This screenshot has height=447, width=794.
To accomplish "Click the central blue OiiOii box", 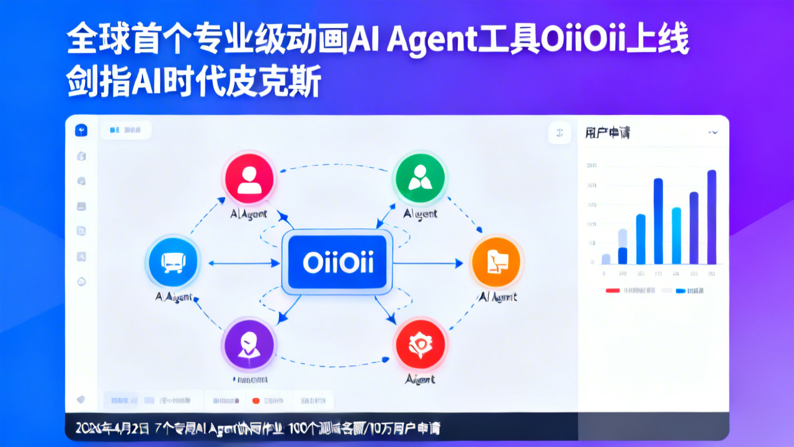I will [337, 262].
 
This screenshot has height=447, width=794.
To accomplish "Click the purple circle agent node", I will [249, 344].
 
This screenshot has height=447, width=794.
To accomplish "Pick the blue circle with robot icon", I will [172, 261].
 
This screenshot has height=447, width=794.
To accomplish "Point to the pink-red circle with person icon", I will [249, 178].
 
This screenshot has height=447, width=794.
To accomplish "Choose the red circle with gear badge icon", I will [420, 344].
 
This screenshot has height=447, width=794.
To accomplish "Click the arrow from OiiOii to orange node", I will [428, 263].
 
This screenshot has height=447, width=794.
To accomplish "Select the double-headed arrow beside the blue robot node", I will [239, 263].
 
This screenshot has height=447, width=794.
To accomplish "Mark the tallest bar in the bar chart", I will [711, 217].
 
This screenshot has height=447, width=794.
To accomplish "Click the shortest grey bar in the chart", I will [606, 259].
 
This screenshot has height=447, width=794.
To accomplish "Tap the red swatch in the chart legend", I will [613, 291].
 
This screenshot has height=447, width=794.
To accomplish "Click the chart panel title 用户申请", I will [607, 132].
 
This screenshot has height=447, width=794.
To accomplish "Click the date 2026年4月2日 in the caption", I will [112, 428].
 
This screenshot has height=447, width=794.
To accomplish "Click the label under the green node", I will [420, 214].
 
